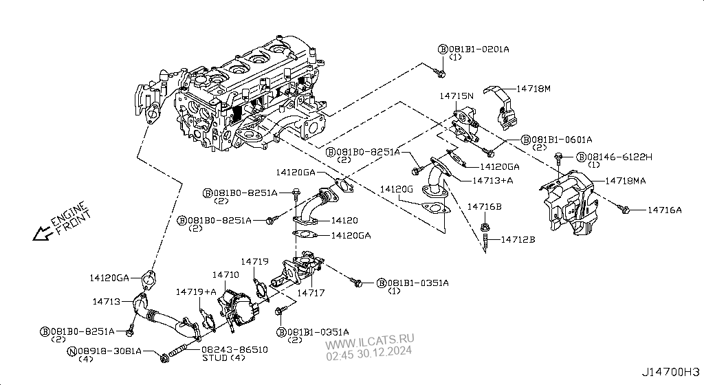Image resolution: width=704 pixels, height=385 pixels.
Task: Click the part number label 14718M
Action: tap(535, 89)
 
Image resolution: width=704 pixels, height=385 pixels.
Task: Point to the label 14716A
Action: tap(665, 210)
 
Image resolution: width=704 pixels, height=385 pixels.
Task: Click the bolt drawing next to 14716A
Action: tap(624, 206)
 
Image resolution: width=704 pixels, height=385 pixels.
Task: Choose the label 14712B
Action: tap(518, 239)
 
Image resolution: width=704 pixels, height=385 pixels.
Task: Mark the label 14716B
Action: tap(485, 206)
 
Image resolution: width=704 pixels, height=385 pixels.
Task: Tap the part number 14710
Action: tap(225, 274)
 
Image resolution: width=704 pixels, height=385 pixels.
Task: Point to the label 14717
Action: tap(311, 292)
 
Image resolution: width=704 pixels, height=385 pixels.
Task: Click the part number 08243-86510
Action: tap(234, 349)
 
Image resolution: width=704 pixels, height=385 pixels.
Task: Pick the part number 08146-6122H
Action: tap(614, 157)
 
